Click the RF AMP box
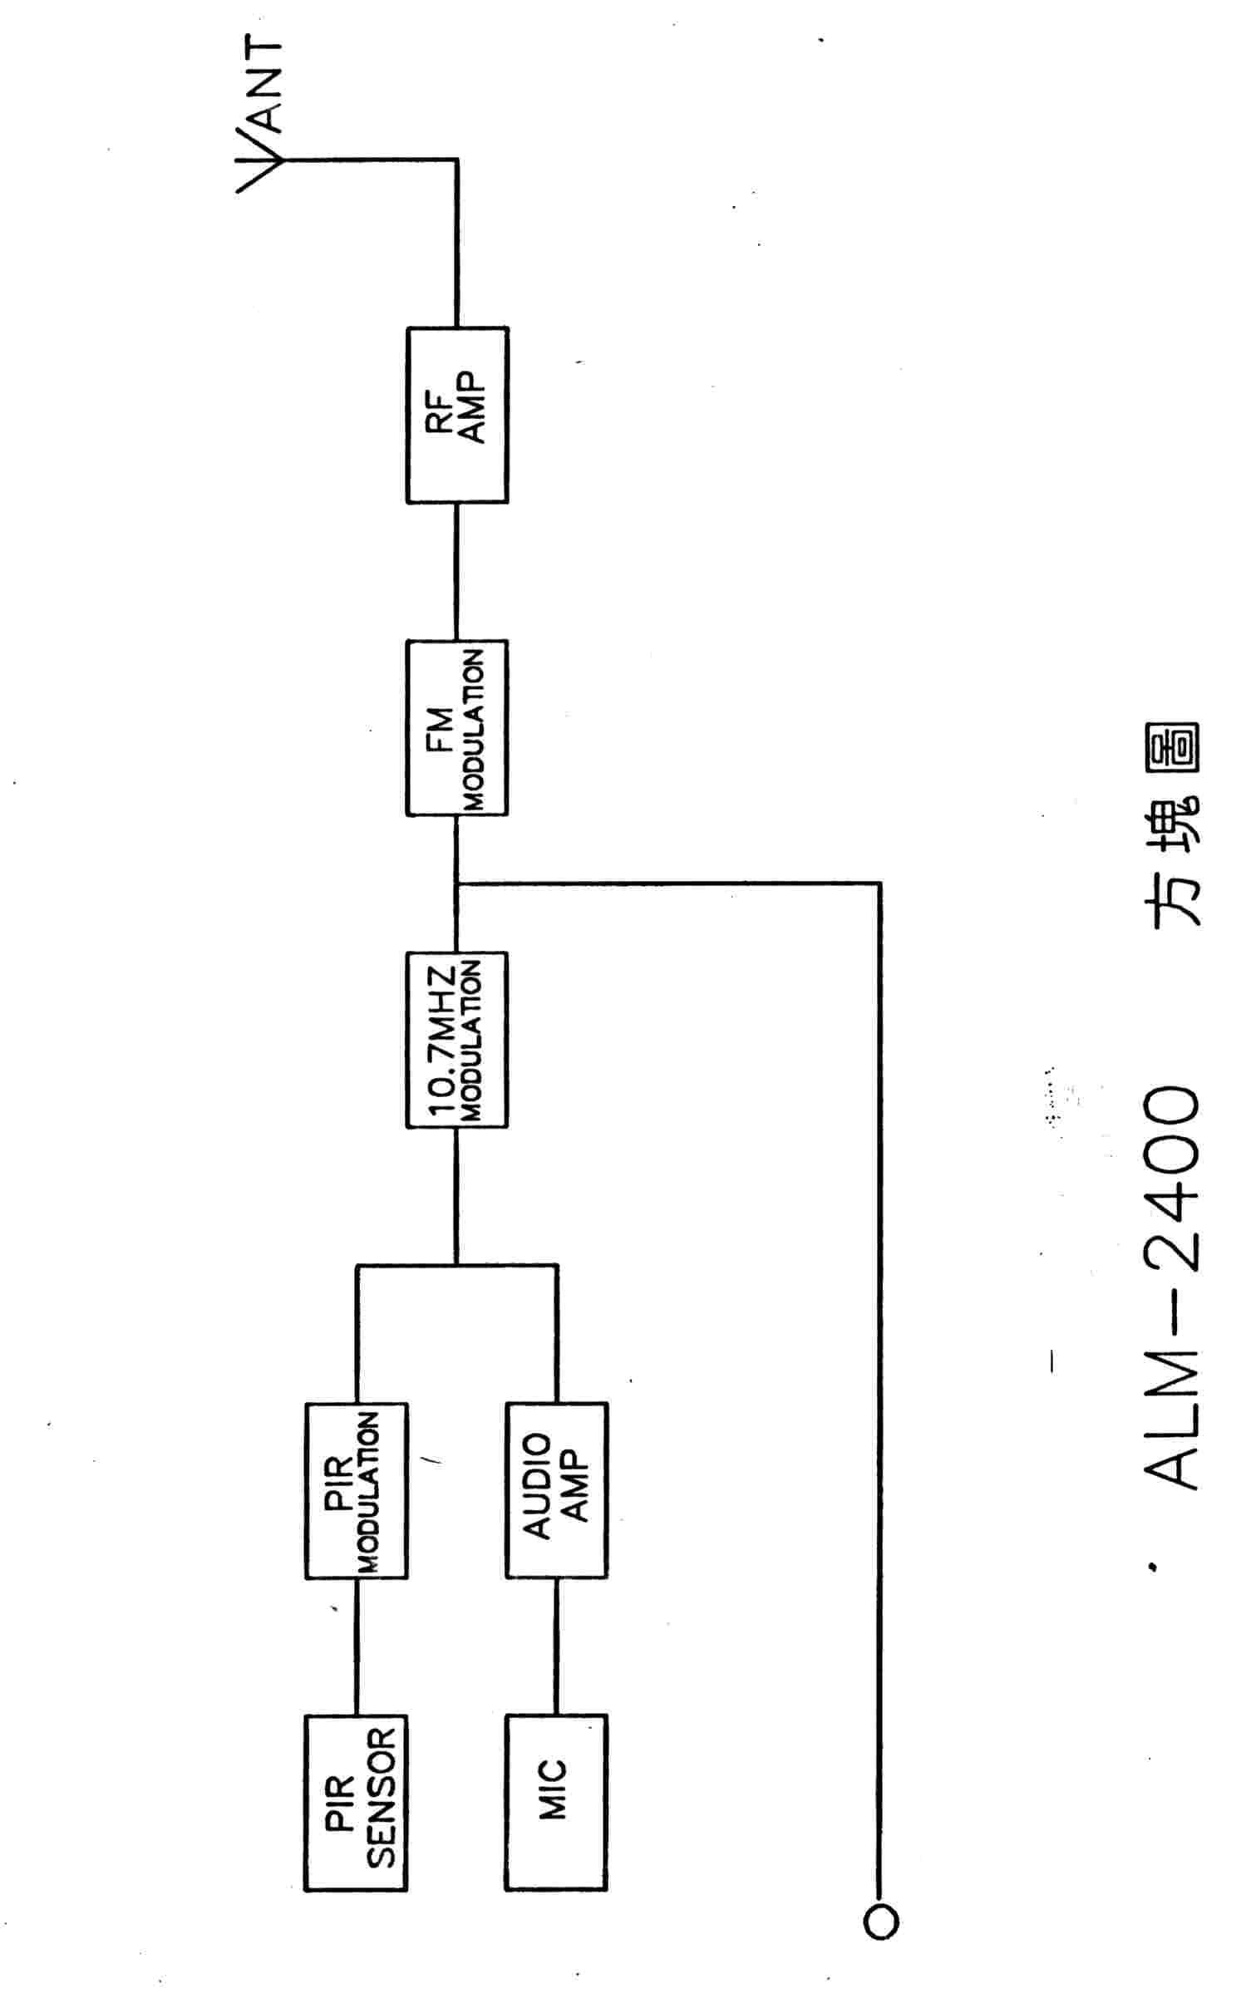(x=456, y=415)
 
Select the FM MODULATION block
(x=456, y=727)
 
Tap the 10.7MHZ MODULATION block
(x=456, y=1039)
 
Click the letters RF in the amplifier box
(x=441, y=415)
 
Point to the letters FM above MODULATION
(x=441, y=727)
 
